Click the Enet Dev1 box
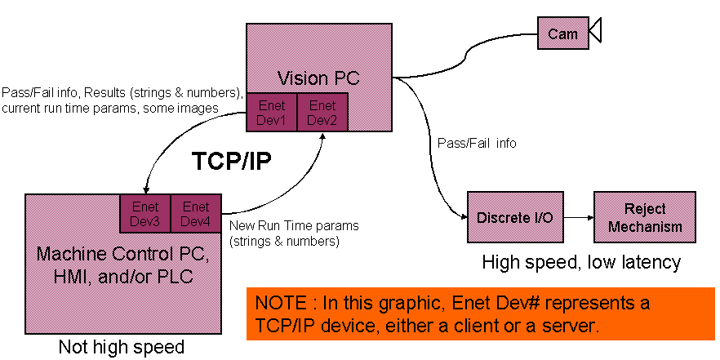tap(272, 112)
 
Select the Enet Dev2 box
tap(322, 112)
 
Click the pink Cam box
tap(562, 33)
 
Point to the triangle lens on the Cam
tap(595, 33)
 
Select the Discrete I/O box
tap(507, 217)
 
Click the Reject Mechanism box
tap(645, 217)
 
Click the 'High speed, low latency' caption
tap(581, 262)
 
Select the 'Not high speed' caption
tap(121, 347)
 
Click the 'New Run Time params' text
tap(294, 225)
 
